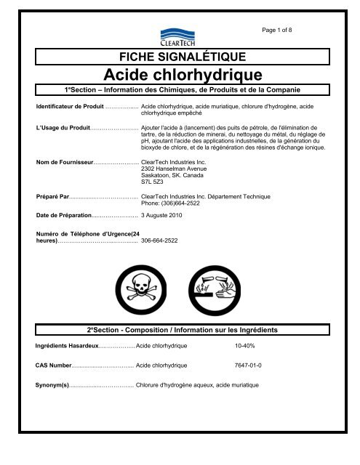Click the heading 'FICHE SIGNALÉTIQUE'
coord(180,56)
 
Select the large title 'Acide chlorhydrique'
coord(180,74)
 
